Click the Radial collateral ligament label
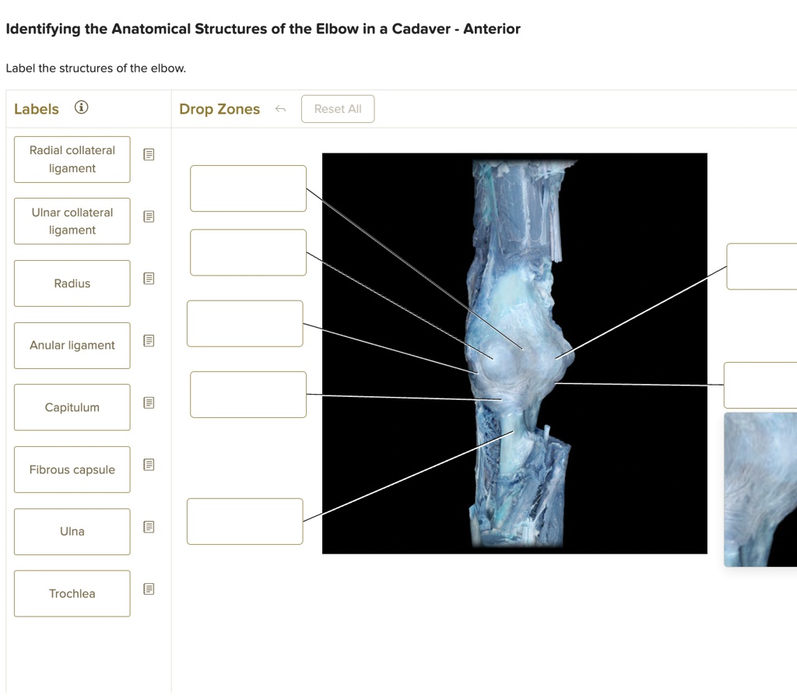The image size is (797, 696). click(72, 160)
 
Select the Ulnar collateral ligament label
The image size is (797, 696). click(72, 221)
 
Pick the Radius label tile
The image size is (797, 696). click(72, 283)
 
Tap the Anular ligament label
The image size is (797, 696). click(72, 346)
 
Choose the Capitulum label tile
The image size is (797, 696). click(72, 407)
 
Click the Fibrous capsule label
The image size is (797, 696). click(72, 469)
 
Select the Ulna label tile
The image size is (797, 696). click(72, 532)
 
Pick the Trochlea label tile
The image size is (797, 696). click(72, 593)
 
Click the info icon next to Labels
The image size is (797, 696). click(81, 108)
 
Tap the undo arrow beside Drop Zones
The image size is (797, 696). click(280, 109)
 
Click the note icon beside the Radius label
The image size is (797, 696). click(149, 279)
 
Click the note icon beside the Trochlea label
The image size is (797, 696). click(149, 589)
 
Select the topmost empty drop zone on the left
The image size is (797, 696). click(248, 188)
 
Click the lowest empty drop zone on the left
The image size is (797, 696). click(244, 522)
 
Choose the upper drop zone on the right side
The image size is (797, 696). click(761, 266)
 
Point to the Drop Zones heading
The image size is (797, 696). click(219, 109)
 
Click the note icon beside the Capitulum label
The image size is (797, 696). click(149, 402)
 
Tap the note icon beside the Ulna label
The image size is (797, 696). click(149, 527)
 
